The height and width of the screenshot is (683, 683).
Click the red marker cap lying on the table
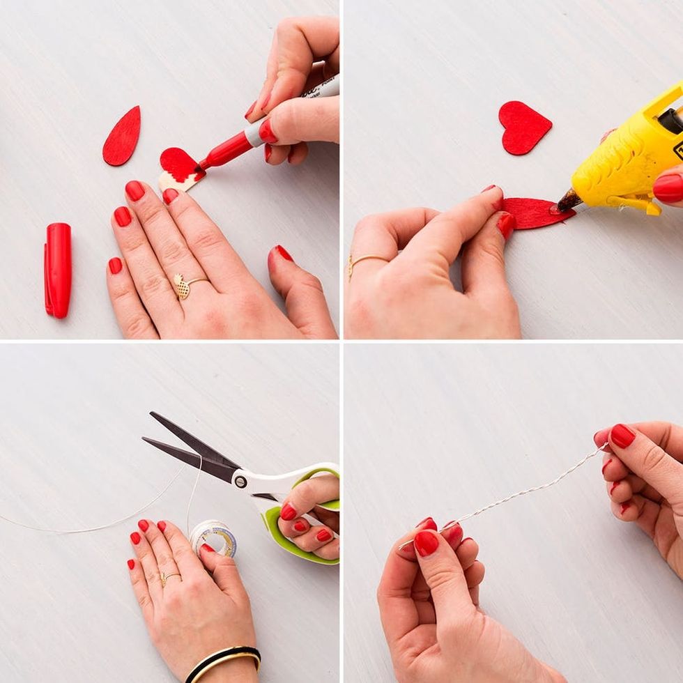point(58,270)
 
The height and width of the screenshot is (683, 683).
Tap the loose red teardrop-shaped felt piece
point(122,136)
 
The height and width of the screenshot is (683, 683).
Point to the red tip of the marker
point(202,166)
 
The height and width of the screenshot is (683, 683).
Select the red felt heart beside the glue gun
point(524,127)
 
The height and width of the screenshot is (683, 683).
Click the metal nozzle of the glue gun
point(567,201)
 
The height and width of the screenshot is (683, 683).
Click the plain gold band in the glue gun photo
point(365,259)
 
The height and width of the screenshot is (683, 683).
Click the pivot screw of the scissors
point(240,481)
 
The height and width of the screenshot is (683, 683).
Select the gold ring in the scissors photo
point(169,576)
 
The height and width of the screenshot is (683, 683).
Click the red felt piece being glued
point(533,213)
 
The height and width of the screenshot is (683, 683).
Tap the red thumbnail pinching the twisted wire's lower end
point(426,543)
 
